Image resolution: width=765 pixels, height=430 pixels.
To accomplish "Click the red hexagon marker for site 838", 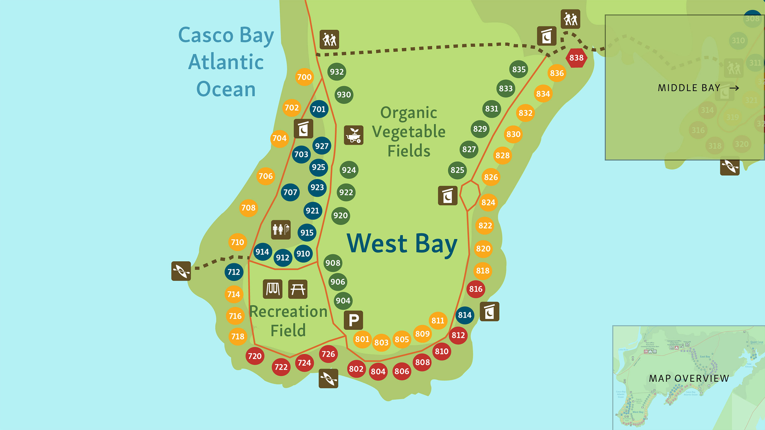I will click(x=576, y=58).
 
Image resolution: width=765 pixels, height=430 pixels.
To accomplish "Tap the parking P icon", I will click(x=353, y=320).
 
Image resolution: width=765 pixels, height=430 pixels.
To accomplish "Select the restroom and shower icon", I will click(x=281, y=229).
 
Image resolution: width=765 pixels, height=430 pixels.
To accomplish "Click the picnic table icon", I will click(x=298, y=289).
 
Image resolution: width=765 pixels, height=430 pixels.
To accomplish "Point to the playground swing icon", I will click(x=272, y=289).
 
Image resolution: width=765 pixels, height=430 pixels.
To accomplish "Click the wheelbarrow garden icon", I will click(x=354, y=135).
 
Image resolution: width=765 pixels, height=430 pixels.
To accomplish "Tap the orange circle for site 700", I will click(x=304, y=77).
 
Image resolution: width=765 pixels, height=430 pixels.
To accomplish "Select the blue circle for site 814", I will click(x=465, y=315).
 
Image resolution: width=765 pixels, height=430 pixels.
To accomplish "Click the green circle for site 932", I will click(x=337, y=72).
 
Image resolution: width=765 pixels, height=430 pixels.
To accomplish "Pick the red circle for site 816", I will click(x=476, y=289).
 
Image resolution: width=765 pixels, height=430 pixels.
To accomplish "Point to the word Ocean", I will click(x=226, y=89).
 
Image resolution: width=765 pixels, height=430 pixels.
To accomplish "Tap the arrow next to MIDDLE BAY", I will click(x=734, y=88).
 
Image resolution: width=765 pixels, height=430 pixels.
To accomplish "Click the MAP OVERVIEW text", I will click(x=689, y=378).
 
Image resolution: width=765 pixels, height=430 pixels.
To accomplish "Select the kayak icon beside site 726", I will click(x=328, y=378).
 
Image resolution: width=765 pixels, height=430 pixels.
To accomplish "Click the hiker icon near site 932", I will click(x=329, y=40).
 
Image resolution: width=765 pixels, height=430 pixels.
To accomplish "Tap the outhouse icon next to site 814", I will click(x=489, y=311).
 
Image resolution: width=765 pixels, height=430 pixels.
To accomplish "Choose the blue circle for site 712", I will click(x=234, y=272).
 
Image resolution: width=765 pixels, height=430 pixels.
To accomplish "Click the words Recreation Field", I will click(x=288, y=321).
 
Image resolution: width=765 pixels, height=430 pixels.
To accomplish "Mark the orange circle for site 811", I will click(x=438, y=320).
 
